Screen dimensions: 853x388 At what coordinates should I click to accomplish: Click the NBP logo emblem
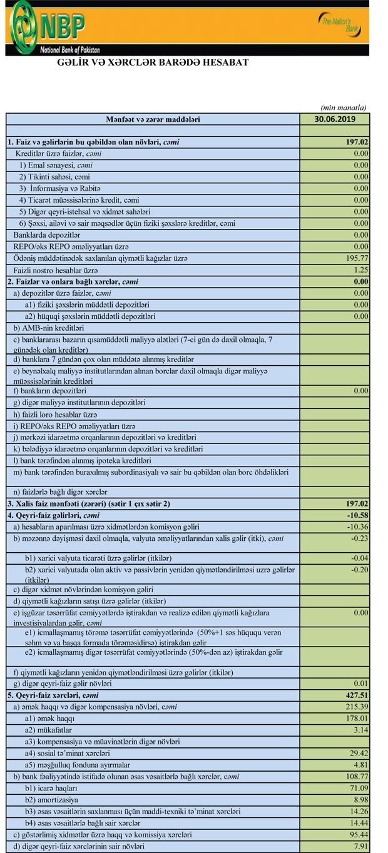pyautogui.click(x=25, y=26)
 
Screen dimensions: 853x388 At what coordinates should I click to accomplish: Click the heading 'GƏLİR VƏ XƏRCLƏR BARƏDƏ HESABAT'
pyautogui.click(x=153, y=63)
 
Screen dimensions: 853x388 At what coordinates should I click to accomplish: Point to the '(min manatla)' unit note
pyautogui.click(x=344, y=108)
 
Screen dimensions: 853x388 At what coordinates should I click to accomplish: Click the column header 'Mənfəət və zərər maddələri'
pyautogui.click(x=153, y=119)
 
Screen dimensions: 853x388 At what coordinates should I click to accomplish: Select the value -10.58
pyautogui.click(x=357, y=515)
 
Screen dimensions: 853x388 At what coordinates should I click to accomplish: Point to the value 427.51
pyautogui.click(x=356, y=695)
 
